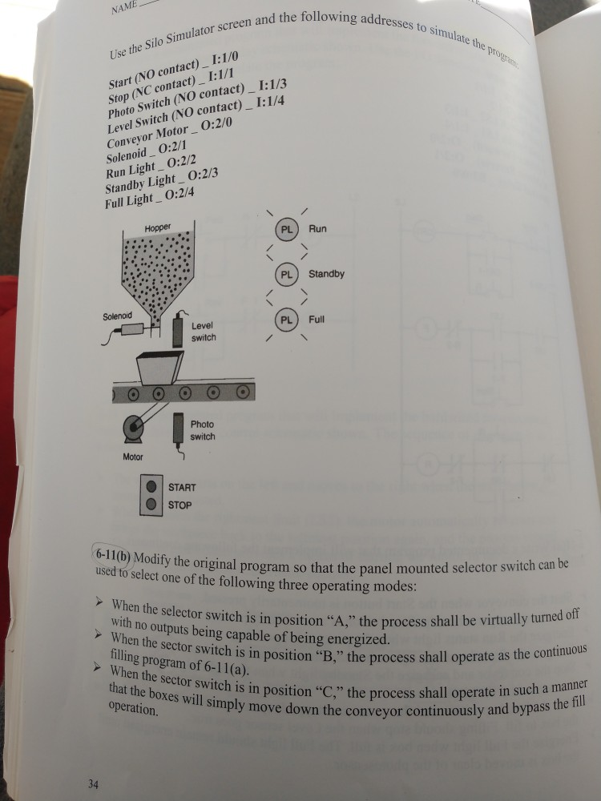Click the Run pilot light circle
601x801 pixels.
coord(286,229)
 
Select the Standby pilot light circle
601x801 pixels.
coord(286,274)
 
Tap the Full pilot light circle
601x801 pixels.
coord(286,319)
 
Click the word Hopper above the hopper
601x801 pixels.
coord(158,227)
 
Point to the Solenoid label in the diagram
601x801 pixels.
coord(117,316)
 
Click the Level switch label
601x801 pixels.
coord(204,332)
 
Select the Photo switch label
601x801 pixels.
coord(202,431)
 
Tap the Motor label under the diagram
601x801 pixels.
coord(133,457)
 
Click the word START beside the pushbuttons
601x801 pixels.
coord(182,487)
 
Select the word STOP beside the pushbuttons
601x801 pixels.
coord(179,505)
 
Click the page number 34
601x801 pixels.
coord(93,783)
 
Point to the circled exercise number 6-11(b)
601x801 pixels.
coord(113,555)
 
